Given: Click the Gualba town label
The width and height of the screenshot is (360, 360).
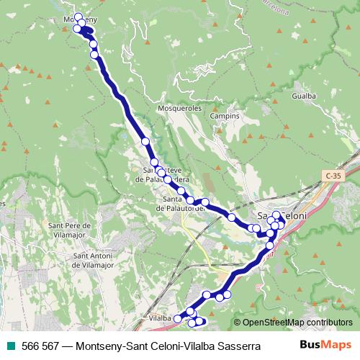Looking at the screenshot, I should pos(303,95).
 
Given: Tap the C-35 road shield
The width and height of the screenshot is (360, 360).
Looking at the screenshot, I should pos(333,175).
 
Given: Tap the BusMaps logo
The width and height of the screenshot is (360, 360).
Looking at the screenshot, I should pos(326,345).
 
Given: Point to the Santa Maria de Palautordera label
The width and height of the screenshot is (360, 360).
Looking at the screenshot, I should pos(181,204).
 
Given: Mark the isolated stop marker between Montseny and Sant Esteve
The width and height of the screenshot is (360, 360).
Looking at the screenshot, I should pos(145,141).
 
